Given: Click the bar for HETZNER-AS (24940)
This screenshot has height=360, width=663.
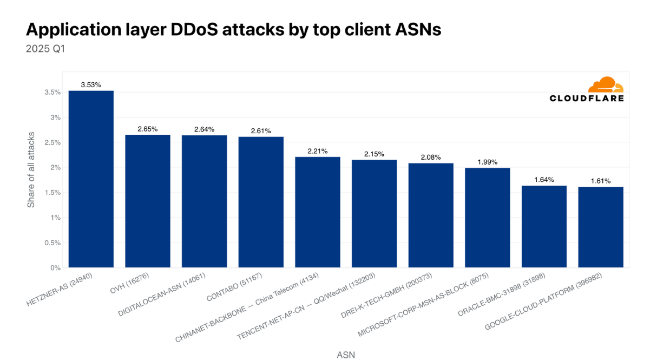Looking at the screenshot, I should tap(91, 179).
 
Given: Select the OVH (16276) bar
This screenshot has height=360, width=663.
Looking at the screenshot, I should tap(148, 201).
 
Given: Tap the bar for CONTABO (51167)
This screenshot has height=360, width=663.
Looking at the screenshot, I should tap(261, 202).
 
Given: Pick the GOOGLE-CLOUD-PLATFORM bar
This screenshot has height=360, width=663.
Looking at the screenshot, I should tap(600, 227).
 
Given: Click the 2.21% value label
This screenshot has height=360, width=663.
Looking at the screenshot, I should tap(318, 151).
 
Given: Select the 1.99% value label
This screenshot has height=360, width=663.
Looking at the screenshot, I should tap(488, 162).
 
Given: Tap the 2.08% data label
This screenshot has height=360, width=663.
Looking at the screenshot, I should tap(431, 158).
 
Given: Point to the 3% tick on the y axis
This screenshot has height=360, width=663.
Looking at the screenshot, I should tap(54, 117).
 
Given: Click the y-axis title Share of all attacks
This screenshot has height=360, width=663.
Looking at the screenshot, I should tap(31, 169).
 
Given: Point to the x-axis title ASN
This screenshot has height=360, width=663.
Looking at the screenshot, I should tap(346, 355).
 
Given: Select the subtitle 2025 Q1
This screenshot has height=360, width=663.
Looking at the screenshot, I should tap(45, 49).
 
